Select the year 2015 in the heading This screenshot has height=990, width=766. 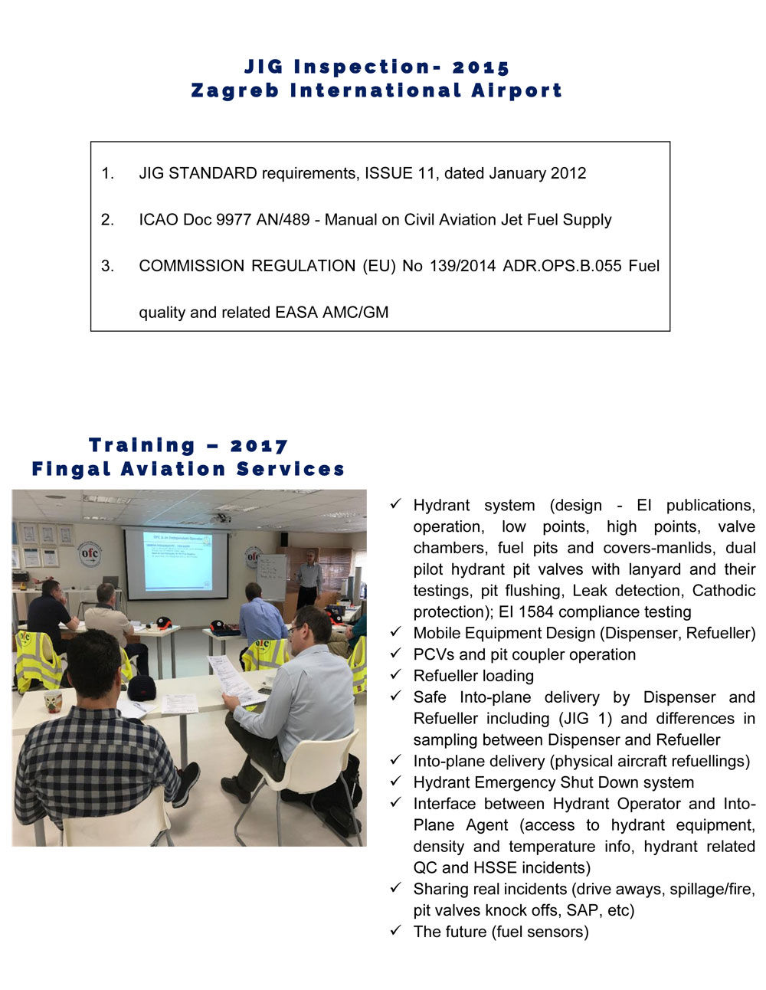pyautogui.click(x=480, y=67)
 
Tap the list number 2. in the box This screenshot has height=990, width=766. pyautogui.click(x=107, y=220)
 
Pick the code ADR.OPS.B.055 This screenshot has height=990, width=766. pyautogui.click(x=561, y=266)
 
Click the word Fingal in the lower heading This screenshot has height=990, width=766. pyautogui.click(x=70, y=469)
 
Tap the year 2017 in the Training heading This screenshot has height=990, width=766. pyautogui.click(x=259, y=446)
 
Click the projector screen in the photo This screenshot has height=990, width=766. pyautogui.click(x=177, y=563)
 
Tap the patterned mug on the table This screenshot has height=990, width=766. pyautogui.click(x=53, y=700)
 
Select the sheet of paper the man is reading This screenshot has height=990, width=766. pyautogui.click(x=234, y=680)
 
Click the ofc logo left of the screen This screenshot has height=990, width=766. pyautogui.click(x=90, y=553)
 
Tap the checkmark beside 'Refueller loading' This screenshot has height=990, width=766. pyautogui.click(x=395, y=675)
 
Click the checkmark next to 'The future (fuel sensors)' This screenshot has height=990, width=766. pyautogui.click(x=395, y=931)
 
